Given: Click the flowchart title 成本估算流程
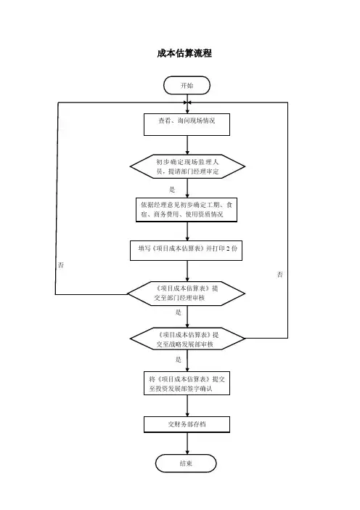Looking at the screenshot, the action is click(184, 53).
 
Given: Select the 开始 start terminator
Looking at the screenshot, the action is click(187, 86).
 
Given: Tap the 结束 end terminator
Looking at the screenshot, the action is click(186, 464).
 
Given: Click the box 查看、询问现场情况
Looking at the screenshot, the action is click(187, 124).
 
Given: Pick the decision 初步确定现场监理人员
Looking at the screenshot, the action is click(187, 166).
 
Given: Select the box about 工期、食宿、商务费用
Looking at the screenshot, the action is click(187, 210).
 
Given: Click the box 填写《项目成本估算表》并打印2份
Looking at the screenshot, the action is click(187, 251).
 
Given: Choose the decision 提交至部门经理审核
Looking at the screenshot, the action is click(187, 294).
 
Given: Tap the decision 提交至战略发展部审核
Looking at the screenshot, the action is click(187, 339).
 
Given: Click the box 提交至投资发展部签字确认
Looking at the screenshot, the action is click(187, 383).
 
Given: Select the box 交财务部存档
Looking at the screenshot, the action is click(187, 424).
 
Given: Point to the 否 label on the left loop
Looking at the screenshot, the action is click(61, 265).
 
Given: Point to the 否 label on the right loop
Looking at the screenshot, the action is click(280, 275).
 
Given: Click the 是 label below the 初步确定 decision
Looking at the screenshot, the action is click(172, 190).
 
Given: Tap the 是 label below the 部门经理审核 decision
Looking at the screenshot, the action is click(179, 312).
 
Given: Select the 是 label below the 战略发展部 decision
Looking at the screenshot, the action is click(179, 360).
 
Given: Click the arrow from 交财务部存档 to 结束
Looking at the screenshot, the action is click(187, 443).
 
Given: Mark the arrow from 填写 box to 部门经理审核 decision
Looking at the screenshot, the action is click(187, 271).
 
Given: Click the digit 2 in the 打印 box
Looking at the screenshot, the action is click(228, 248).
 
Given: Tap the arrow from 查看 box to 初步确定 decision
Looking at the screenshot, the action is click(187, 145).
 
